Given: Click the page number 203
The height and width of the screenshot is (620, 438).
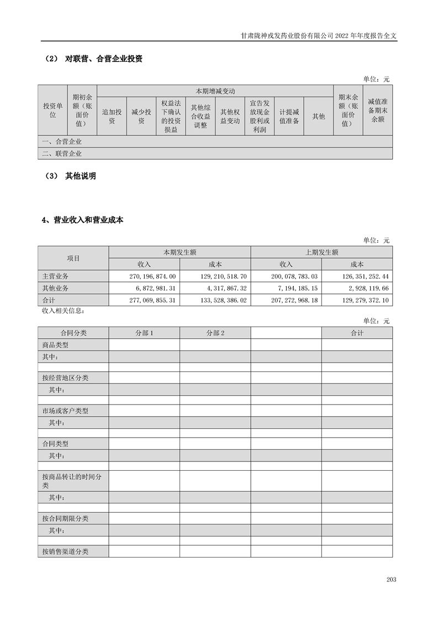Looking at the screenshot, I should pos(391,579).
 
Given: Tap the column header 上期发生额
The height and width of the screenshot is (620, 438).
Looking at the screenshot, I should pos(321,252).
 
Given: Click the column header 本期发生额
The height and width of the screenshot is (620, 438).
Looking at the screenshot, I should pos(180,252).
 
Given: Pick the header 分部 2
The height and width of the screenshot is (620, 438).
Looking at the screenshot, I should pos(215,333).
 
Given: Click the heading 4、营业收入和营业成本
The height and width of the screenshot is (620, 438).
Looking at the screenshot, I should pos(83,220).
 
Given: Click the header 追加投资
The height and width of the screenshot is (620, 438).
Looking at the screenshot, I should pos(112,117).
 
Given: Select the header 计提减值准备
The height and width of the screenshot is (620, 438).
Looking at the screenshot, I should pos(289,117).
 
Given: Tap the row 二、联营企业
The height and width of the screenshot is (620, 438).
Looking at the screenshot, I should pos(61,154).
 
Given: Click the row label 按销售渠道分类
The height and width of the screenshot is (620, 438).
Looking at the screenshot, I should pos(65,551).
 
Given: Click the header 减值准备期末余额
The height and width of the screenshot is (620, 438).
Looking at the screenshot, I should pos(378,110).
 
